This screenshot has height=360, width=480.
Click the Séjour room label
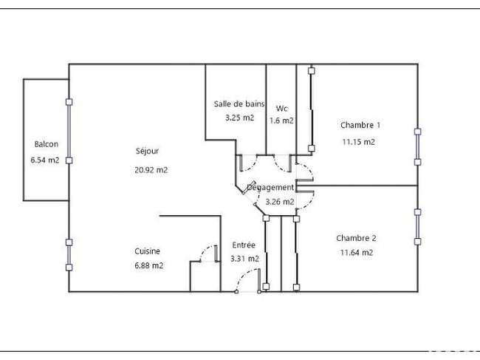click(x=147, y=151)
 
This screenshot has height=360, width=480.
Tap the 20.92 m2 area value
click(x=151, y=170)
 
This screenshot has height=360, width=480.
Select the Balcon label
click(x=47, y=144)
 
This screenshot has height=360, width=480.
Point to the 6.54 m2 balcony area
click(x=45, y=160)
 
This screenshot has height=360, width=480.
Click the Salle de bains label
click(x=239, y=104)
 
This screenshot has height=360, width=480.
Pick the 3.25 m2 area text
click(x=240, y=118)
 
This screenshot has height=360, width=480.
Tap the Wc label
click(x=281, y=109)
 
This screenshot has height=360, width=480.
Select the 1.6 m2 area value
click(x=281, y=120)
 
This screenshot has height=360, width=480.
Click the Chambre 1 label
click(x=360, y=125)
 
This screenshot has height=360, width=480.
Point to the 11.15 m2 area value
click(x=358, y=142)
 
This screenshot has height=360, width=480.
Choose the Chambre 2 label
click(x=357, y=238)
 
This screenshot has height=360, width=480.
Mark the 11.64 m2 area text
click(x=357, y=253)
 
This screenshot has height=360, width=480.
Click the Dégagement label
click(x=270, y=187)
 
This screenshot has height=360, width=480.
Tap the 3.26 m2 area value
click(x=279, y=202)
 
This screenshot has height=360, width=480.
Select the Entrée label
click(x=244, y=245)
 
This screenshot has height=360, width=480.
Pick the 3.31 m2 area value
click(x=244, y=259)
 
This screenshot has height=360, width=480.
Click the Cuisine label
click(x=147, y=251)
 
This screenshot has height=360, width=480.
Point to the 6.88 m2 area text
click(x=148, y=265)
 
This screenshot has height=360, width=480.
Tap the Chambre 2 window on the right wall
click(x=417, y=227)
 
